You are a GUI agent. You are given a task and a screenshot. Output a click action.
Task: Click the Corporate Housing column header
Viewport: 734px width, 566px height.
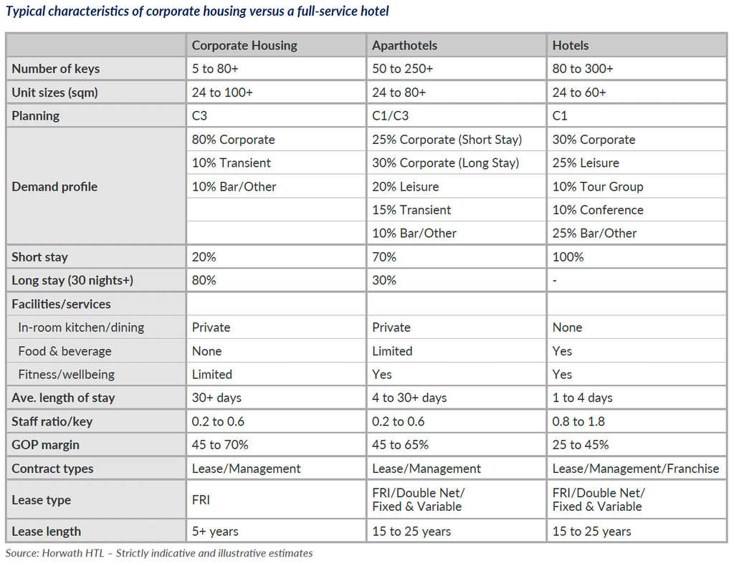click(244, 45)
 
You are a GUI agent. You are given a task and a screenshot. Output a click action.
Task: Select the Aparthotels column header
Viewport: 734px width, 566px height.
click(404, 45)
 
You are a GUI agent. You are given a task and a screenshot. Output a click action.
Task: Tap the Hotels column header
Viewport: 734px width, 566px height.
click(571, 45)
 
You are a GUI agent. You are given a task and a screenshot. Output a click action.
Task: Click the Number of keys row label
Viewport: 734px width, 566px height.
click(56, 69)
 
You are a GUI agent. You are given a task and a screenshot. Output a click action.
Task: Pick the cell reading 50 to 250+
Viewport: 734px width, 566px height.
click(402, 69)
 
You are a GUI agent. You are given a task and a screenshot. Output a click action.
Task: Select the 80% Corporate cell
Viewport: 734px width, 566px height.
click(233, 140)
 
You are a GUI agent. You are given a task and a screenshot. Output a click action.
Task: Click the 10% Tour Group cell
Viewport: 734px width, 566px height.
click(598, 186)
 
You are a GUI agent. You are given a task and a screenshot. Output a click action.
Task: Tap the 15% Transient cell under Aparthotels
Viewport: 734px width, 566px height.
click(411, 210)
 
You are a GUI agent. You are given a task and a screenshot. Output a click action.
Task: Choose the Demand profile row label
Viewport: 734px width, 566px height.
click(54, 186)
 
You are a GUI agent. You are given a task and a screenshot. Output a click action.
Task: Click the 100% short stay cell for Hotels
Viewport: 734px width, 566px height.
click(568, 256)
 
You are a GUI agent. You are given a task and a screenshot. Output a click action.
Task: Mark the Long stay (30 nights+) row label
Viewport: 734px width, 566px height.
click(72, 280)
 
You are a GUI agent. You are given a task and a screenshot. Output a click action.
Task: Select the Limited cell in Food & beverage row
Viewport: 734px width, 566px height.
click(392, 351)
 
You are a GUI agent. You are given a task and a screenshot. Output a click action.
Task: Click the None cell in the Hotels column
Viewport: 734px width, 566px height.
click(567, 327)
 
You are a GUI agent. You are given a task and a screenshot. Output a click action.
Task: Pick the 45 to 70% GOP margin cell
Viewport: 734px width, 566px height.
click(220, 445)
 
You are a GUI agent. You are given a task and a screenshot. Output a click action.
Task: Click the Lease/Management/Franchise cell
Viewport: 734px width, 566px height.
click(635, 469)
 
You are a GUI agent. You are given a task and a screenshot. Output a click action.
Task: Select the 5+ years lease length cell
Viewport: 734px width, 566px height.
click(215, 531)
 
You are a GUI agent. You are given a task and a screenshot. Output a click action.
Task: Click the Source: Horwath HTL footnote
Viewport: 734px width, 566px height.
click(159, 553)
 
